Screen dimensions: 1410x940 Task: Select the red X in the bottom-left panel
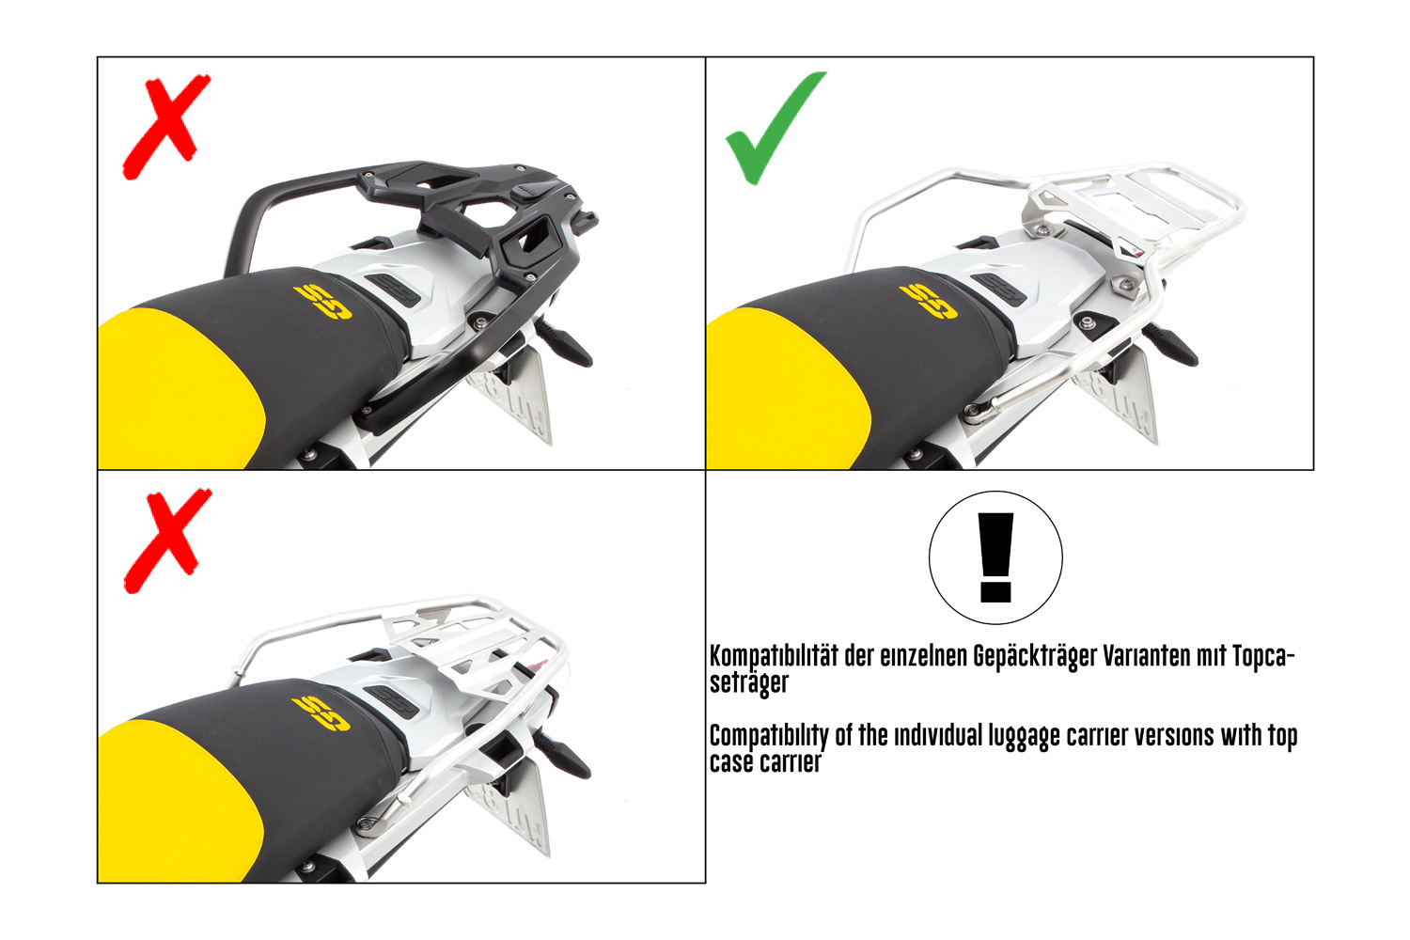166,540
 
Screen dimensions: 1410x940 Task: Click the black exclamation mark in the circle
995,557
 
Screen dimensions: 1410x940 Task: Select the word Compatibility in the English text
769,737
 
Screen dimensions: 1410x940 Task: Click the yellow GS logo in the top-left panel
322,303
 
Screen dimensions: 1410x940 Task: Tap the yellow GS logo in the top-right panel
928,302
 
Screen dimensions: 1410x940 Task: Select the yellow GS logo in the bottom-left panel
321,714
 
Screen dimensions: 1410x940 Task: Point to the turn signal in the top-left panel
564,344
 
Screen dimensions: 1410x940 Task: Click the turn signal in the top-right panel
1169,344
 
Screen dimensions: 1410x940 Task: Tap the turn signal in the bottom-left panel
563,756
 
